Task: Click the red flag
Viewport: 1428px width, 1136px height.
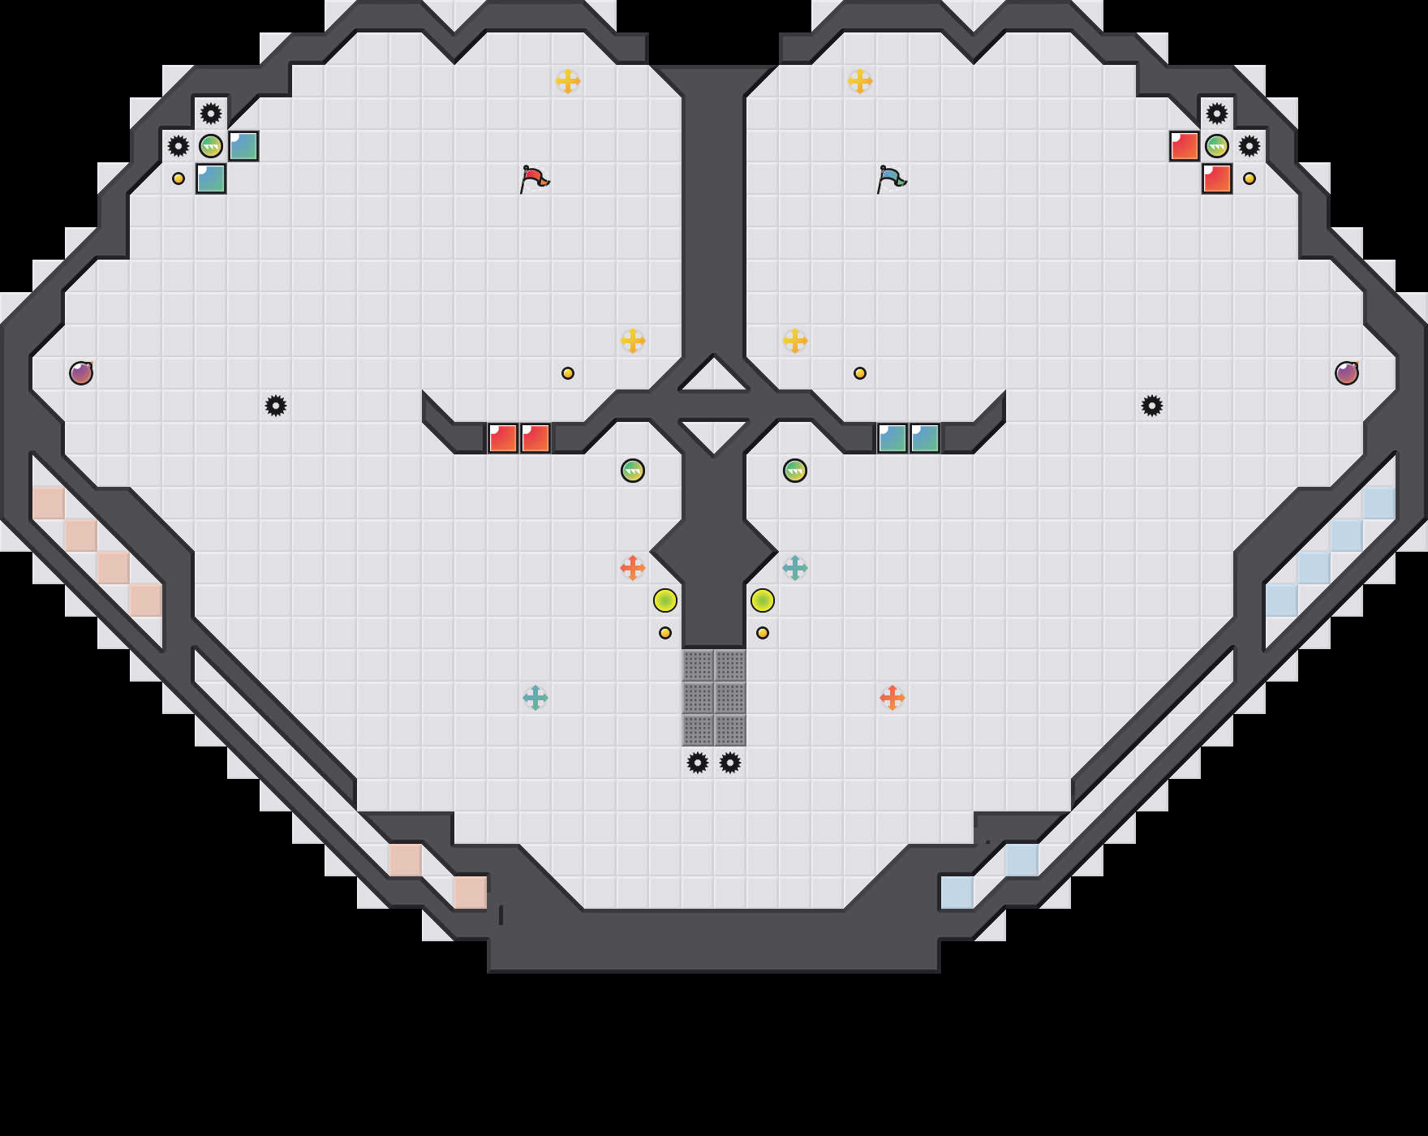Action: click(x=534, y=179)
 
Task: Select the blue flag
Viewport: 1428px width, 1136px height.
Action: click(x=891, y=179)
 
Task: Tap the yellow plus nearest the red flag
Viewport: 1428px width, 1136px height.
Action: click(x=568, y=81)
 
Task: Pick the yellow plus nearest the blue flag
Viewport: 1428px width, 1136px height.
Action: click(x=860, y=81)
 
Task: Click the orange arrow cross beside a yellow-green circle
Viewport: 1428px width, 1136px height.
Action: click(x=633, y=568)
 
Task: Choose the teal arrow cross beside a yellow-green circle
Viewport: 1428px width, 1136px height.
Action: click(x=795, y=568)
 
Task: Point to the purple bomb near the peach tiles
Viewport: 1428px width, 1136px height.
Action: click(x=81, y=373)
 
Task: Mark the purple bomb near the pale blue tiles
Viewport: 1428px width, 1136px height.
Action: click(x=1347, y=373)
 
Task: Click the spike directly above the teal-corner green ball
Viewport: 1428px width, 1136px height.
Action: click(x=211, y=114)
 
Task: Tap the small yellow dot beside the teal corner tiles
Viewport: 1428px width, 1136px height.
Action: click(x=178, y=179)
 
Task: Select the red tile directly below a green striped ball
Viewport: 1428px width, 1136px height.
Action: click(x=1217, y=179)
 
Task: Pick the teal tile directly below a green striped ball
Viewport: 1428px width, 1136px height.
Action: click(x=211, y=179)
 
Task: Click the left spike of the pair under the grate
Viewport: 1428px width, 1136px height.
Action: click(x=698, y=763)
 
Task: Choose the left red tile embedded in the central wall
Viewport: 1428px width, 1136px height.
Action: click(x=503, y=438)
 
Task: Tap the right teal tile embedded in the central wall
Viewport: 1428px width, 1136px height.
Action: click(x=925, y=438)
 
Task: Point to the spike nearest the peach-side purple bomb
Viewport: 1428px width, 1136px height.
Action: click(x=276, y=406)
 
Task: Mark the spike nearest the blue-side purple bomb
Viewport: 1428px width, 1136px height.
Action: click(x=1152, y=406)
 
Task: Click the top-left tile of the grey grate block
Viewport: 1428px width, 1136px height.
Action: click(x=698, y=665)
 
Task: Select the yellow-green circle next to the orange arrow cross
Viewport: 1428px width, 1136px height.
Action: click(x=665, y=600)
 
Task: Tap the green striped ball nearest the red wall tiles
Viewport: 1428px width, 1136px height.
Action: click(x=633, y=471)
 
